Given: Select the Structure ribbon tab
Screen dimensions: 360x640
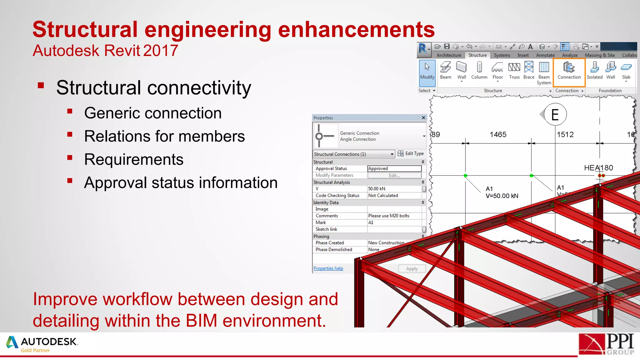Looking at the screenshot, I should coord(477,55).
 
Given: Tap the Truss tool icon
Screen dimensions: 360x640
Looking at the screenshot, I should coord(514,71).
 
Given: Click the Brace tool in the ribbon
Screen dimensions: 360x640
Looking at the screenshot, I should coord(529,71).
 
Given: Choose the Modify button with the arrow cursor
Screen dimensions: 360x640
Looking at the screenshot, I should coord(427,71).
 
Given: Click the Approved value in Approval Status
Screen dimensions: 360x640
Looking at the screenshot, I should coord(394,168).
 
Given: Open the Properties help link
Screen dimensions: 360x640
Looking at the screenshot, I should coord(328,268).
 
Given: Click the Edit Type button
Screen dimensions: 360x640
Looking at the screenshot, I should coord(411,153).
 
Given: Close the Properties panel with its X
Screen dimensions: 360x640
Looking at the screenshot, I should coord(423,118).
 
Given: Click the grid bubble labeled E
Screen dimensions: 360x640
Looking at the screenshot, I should coord(555,115).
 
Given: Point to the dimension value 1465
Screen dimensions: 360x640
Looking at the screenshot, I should coord(498,135).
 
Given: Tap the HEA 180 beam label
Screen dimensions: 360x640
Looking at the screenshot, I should coord(598,168).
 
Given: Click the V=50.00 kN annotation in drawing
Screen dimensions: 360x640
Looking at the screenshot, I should coord(502,196).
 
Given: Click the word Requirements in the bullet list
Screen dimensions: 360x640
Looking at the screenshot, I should coord(134,160).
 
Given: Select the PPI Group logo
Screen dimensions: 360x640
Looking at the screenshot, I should coord(606,344).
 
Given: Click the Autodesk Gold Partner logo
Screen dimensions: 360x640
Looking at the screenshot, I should coord(42,344).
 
